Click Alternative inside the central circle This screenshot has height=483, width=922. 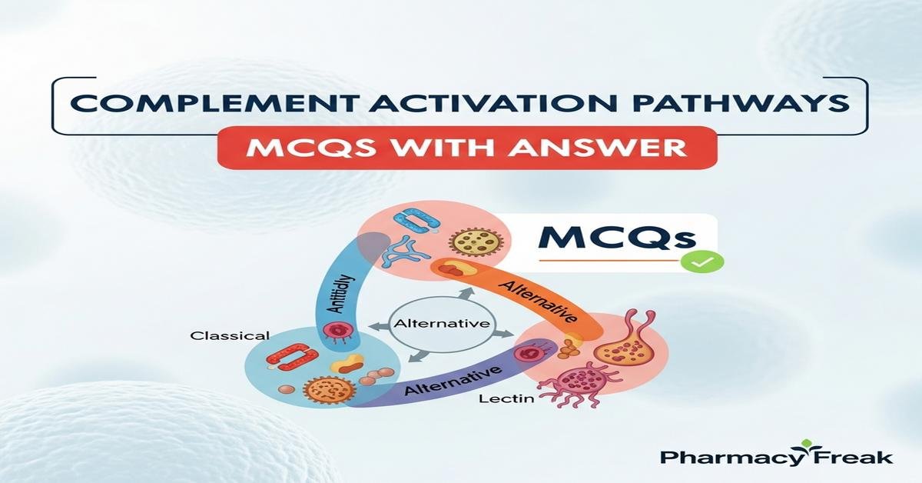[441, 324]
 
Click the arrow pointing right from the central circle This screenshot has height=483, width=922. [504, 332]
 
